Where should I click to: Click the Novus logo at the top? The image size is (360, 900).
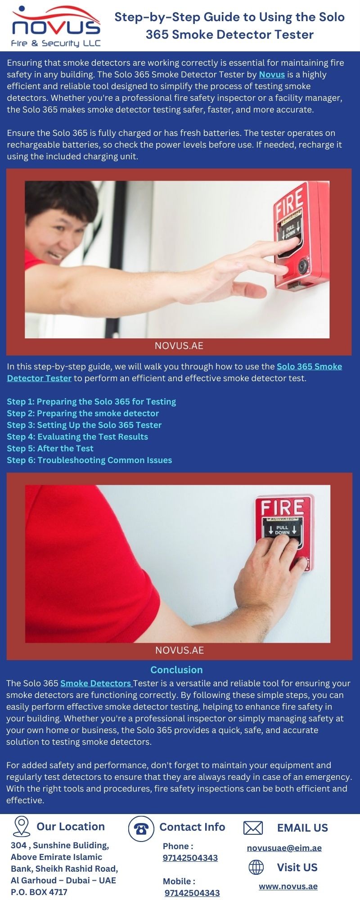(x=56, y=26)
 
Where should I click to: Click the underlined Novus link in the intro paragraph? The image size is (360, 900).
(x=272, y=75)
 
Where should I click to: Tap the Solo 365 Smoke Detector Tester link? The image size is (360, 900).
(x=175, y=372)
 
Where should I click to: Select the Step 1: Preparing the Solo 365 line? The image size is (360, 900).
(x=91, y=401)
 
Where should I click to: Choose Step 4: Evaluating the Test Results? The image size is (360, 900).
(x=77, y=436)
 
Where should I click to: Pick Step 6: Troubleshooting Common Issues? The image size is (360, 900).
(x=90, y=460)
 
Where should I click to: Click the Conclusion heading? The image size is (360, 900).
(x=176, y=670)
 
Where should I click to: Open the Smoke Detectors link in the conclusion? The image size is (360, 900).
(x=96, y=683)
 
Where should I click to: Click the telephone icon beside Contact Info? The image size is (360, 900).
(x=141, y=828)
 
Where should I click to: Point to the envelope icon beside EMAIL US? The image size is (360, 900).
(x=253, y=828)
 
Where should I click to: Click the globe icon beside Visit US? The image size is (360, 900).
(x=256, y=867)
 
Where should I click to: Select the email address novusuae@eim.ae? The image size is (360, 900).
(x=284, y=848)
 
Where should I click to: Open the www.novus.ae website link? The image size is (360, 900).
(x=288, y=886)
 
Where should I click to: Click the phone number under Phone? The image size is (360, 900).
(x=190, y=858)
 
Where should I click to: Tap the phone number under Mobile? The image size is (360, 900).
(x=192, y=893)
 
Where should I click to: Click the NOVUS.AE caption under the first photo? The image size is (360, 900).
(x=179, y=346)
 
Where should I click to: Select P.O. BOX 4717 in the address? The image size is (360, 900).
(x=39, y=892)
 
